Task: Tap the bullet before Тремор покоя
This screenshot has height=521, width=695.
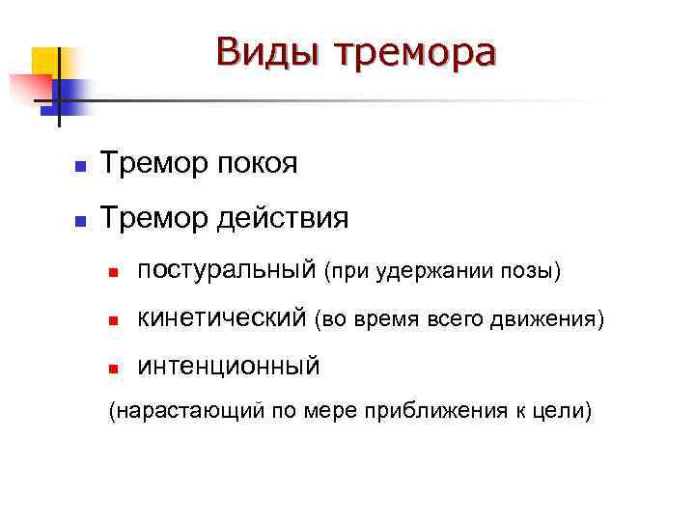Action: click(x=81, y=168)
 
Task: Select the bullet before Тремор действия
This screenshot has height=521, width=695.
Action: click(x=81, y=221)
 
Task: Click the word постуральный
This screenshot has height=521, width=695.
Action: click(x=227, y=271)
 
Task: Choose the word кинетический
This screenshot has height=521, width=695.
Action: click(x=223, y=317)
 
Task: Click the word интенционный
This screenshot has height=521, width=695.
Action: click(x=229, y=365)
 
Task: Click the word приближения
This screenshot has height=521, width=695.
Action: click(x=436, y=412)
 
